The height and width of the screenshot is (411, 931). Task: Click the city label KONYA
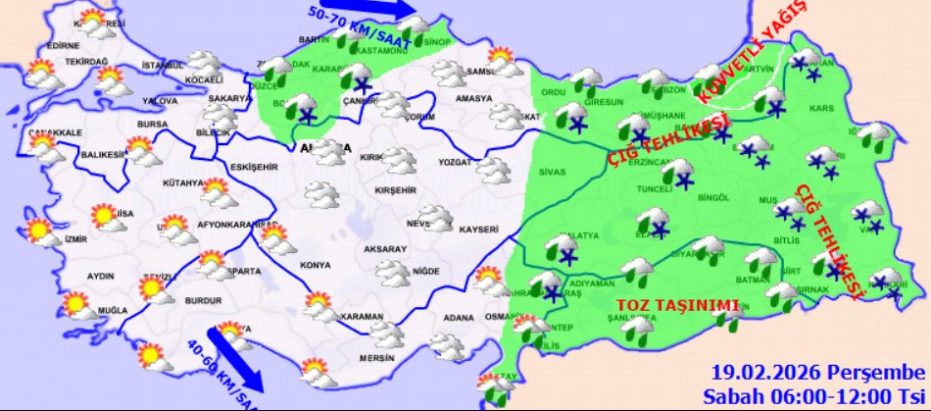pyautogui.click(x=316, y=265)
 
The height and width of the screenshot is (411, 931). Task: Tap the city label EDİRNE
pyautogui.click(x=63, y=45)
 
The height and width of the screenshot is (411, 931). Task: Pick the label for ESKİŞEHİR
pyautogui.click(x=254, y=168)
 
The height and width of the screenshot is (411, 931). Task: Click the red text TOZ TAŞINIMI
pyautogui.click(x=675, y=305)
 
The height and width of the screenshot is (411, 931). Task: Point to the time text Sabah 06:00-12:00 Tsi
pyautogui.click(x=814, y=395)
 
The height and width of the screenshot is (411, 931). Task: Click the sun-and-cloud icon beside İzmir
pyautogui.click(x=40, y=232)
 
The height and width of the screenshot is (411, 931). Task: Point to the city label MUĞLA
pyautogui.click(x=113, y=311)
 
